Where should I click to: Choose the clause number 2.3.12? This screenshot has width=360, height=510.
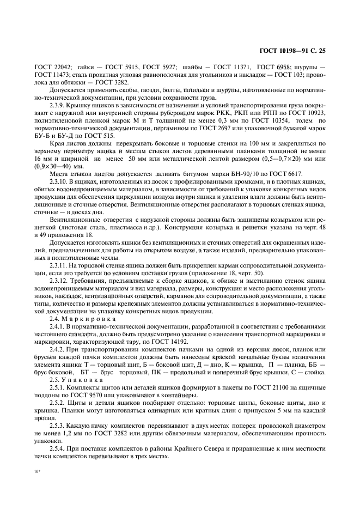click(x=60, y=281)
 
